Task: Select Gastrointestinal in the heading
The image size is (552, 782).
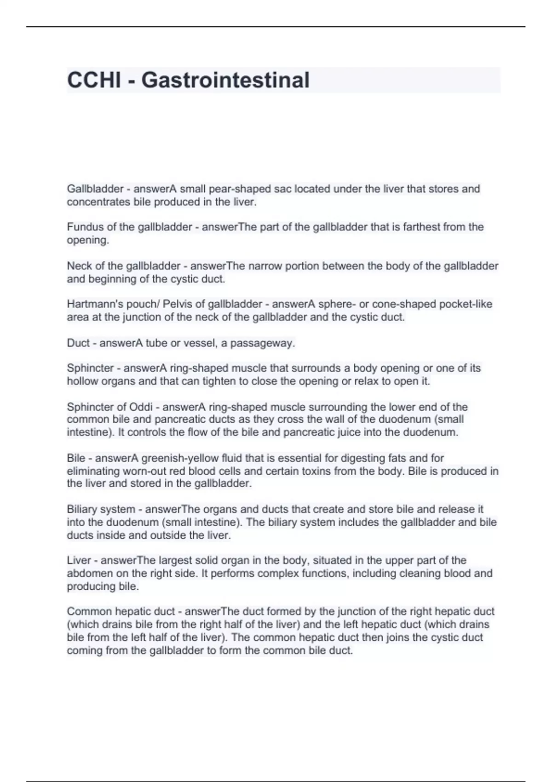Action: click(x=225, y=80)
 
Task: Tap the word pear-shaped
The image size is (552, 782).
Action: click(x=240, y=189)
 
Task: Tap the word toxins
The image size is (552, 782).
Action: click(x=346, y=471)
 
